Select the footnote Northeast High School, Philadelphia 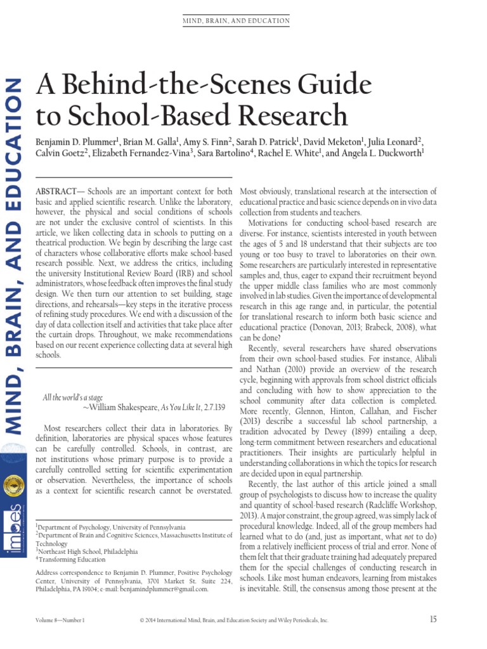tap(88, 551)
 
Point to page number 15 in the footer tap(433, 620)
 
